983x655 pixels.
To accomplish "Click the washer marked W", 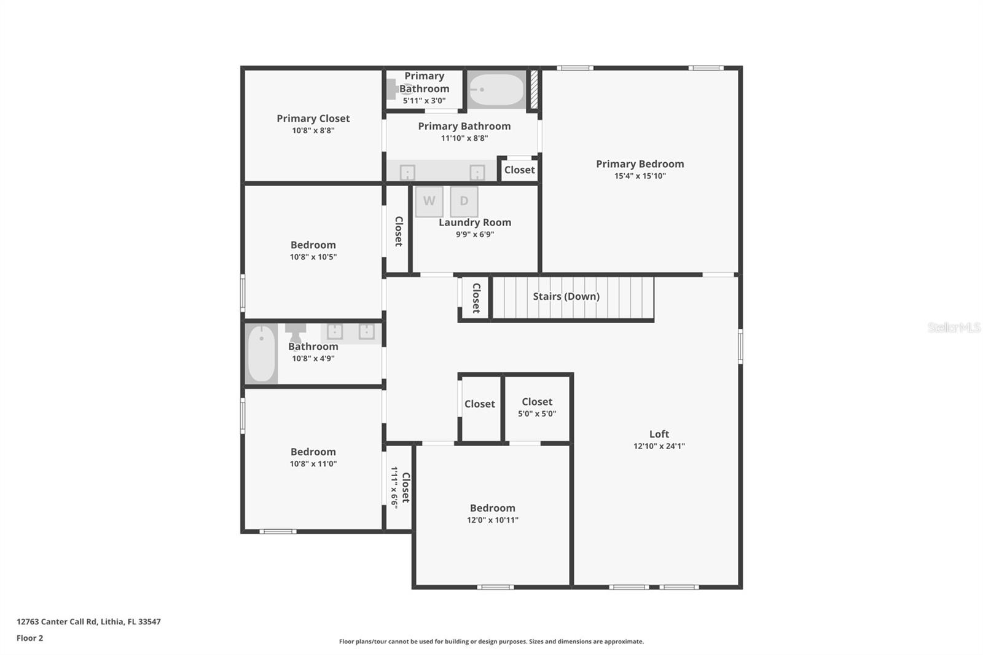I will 429,201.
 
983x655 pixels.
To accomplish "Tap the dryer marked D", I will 464,201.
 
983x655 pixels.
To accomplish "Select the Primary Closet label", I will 313,119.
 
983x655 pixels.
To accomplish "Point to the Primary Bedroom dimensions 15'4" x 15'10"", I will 640,176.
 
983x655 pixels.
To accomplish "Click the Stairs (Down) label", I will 566,296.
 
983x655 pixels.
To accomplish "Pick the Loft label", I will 659,434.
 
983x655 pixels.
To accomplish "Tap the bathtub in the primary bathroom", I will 496,90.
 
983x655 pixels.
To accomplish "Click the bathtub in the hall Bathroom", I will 262,354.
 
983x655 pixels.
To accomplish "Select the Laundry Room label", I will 474,222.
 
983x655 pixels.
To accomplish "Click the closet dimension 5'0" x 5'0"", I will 536,414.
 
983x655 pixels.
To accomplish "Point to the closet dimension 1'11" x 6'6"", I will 394,487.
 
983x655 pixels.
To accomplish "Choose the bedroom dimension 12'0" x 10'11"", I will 492,520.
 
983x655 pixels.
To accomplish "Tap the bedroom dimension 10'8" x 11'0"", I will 313,464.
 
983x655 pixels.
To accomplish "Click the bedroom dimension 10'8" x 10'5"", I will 313,257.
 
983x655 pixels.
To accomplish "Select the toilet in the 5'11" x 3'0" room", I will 394,90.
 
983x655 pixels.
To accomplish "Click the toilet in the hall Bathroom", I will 296,332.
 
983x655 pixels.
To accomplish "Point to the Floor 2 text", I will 29,638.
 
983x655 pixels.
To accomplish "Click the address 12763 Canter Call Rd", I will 88,621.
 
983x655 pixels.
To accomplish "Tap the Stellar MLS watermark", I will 954,327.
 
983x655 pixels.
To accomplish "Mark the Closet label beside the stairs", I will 476,298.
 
